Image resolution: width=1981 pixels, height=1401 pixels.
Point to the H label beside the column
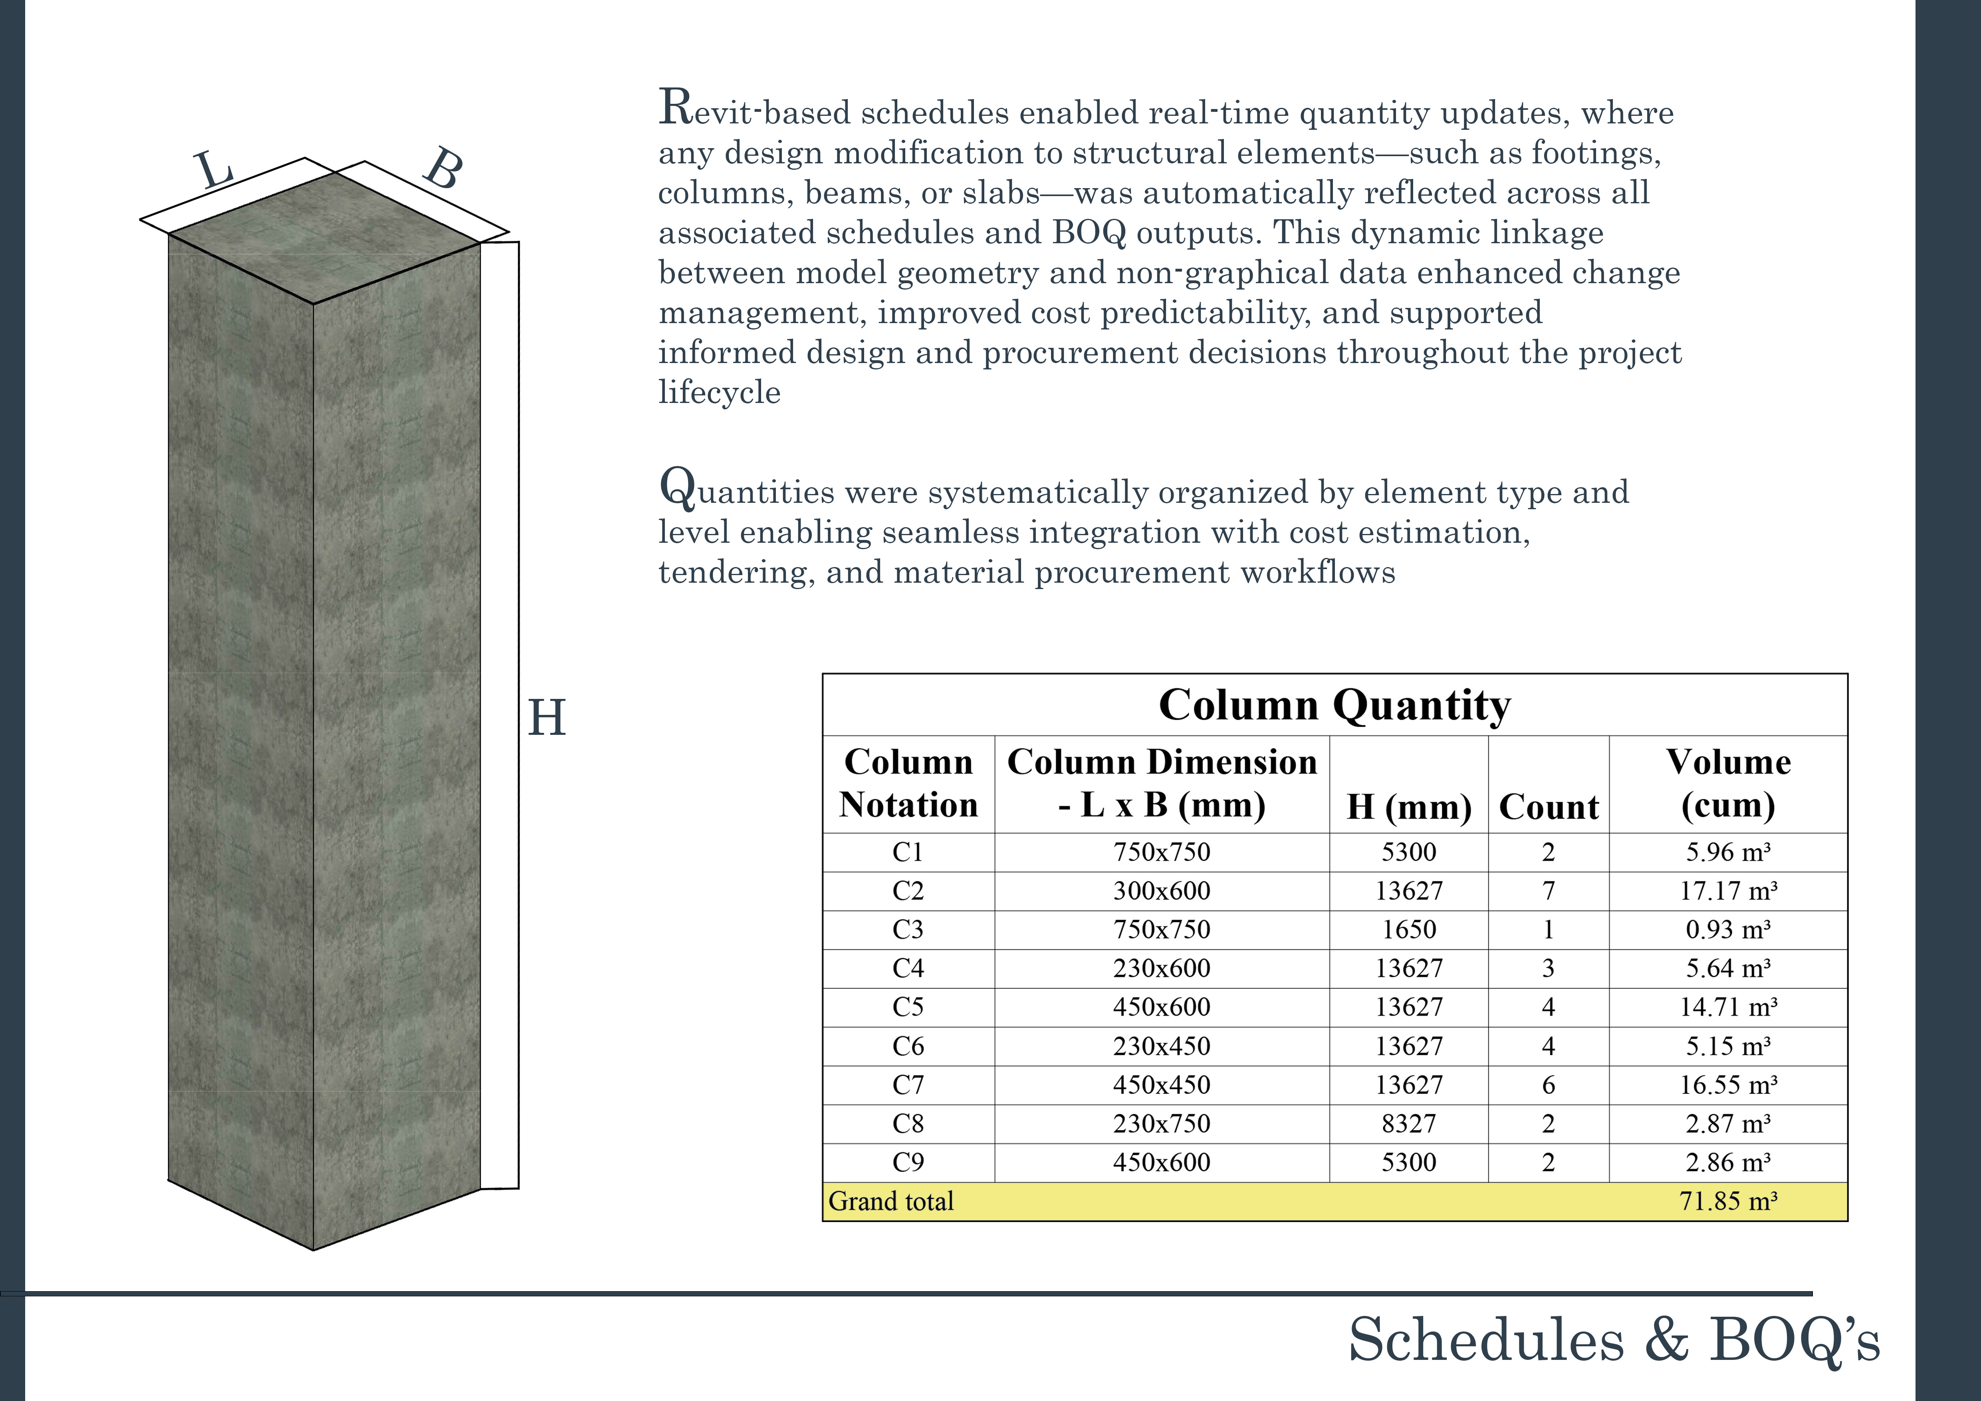click(x=546, y=718)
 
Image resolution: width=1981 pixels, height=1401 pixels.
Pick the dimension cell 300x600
click(x=1161, y=890)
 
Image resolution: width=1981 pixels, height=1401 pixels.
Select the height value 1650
click(x=1409, y=929)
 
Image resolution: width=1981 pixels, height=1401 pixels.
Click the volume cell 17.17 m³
click(x=1728, y=890)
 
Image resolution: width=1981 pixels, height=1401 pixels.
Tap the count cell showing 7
click(x=1549, y=890)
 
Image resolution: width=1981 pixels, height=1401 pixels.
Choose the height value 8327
click(x=1409, y=1123)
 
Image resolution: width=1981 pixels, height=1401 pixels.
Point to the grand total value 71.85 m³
click(x=1728, y=1201)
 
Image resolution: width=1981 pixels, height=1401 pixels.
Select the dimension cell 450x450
click(x=1161, y=1084)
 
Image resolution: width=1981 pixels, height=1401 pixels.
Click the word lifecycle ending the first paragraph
click(x=720, y=393)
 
